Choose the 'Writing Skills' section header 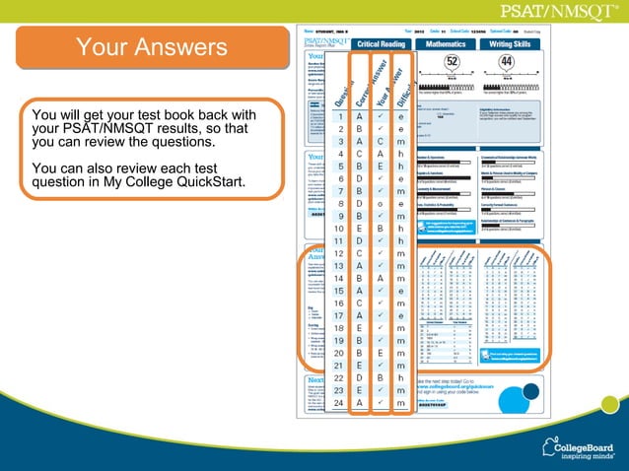click(511, 44)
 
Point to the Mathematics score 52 click(453, 61)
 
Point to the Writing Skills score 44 click(507, 61)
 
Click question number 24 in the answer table click(338, 404)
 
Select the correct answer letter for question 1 click(359, 116)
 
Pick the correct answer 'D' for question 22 click(359, 378)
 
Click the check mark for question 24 click(380, 404)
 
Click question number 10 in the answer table click(338, 229)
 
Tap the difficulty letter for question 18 click(400, 328)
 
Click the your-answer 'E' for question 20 click(380, 354)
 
